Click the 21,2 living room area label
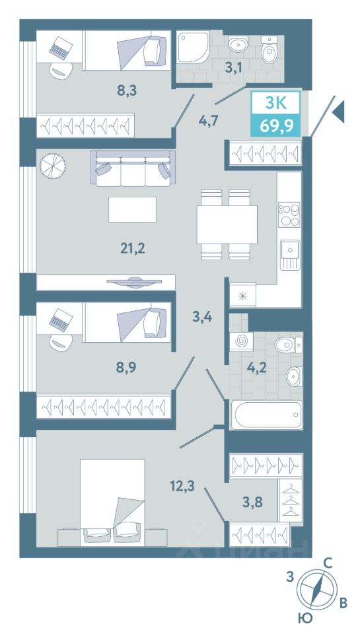click(x=132, y=248)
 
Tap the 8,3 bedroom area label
click(x=127, y=90)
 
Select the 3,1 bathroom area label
click(x=234, y=67)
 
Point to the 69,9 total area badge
click(x=277, y=125)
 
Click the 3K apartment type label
click(x=276, y=103)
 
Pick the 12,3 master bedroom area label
click(x=182, y=485)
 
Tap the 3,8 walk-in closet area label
click(x=253, y=502)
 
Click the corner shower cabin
click(x=194, y=47)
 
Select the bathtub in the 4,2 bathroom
click(x=266, y=415)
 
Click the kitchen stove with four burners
click(x=289, y=215)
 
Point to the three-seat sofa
click(x=133, y=168)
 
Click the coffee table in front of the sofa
click(x=132, y=209)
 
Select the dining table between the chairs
click(x=227, y=225)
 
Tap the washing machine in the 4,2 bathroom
click(x=242, y=341)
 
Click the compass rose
click(x=317, y=590)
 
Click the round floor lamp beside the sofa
click(x=53, y=165)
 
